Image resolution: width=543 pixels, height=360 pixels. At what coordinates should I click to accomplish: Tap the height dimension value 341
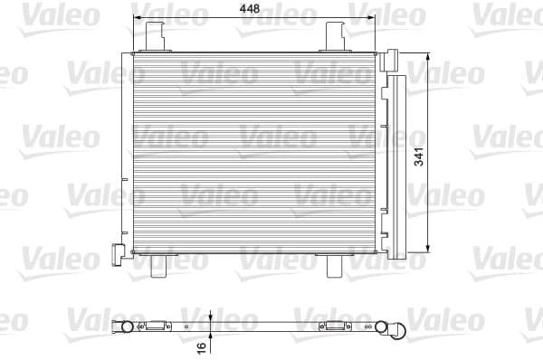click(x=445, y=155)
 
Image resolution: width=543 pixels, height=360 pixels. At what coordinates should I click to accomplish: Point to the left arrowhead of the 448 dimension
click(x=138, y=17)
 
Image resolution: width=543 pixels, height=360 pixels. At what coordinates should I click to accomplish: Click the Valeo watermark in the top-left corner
click(x=35, y=13)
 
